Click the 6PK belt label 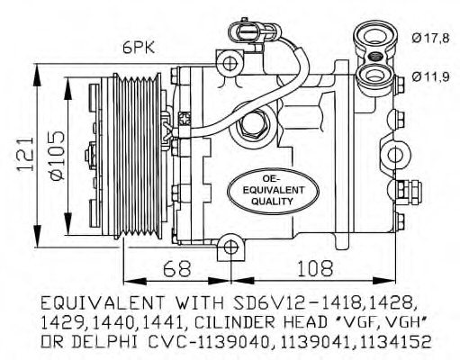pyautogui.click(x=139, y=47)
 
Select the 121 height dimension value pyautogui.click(x=25, y=155)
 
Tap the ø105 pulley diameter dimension pyautogui.click(x=57, y=156)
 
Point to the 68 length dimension pyautogui.click(x=176, y=268)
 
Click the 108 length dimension pyautogui.click(x=315, y=268)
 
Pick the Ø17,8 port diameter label pyautogui.click(x=430, y=39)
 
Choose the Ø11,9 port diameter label pyautogui.click(x=430, y=76)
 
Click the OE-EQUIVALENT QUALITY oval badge pyautogui.click(x=273, y=191)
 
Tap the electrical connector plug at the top pyautogui.click(x=245, y=31)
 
